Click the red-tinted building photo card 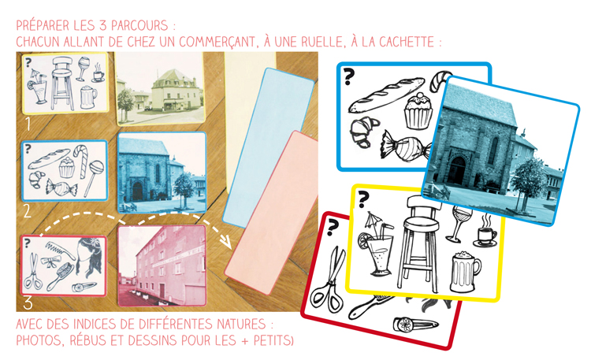click(x=161, y=265)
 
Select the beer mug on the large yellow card click(x=465, y=271)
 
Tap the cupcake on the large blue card click(x=417, y=111)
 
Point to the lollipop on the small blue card click(x=94, y=173)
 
